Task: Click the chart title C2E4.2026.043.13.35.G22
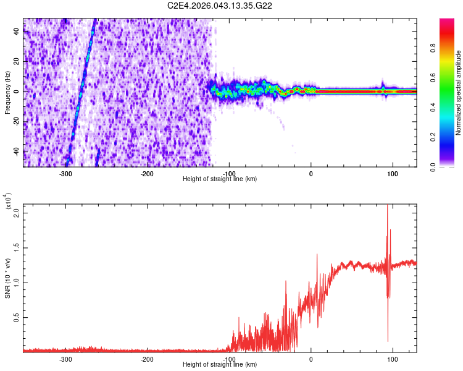[220, 6]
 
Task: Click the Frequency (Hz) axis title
[7, 93]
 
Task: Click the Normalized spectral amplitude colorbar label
[459, 93]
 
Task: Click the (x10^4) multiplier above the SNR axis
[9, 202]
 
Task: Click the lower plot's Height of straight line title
[220, 365]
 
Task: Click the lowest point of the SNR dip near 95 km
[388, 341]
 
